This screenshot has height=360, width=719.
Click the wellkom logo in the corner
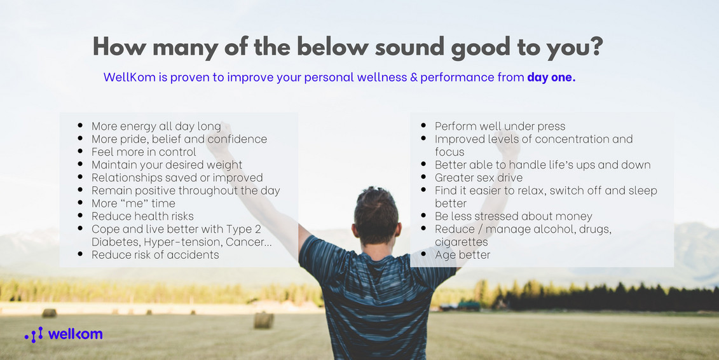(x=64, y=335)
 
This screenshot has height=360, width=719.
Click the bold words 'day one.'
(x=551, y=78)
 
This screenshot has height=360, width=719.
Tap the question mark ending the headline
(x=595, y=46)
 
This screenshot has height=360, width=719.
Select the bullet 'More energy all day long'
(x=156, y=126)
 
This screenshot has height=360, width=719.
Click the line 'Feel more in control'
(x=144, y=152)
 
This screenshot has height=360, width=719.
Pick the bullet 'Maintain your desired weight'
(x=167, y=165)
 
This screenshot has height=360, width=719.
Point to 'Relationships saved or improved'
(x=177, y=177)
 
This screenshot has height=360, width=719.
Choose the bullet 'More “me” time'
(x=133, y=204)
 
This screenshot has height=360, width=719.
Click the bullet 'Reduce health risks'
(x=142, y=216)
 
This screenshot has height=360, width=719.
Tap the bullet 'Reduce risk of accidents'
(x=155, y=254)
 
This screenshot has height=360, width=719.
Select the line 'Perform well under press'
(x=500, y=126)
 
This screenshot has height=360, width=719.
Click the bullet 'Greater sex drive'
(x=478, y=177)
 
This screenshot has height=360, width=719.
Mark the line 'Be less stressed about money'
(x=513, y=216)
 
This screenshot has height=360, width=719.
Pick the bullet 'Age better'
(x=462, y=254)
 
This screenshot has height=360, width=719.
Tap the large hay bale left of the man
(x=263, y=320)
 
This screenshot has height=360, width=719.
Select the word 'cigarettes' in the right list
(x=461, y=242)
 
